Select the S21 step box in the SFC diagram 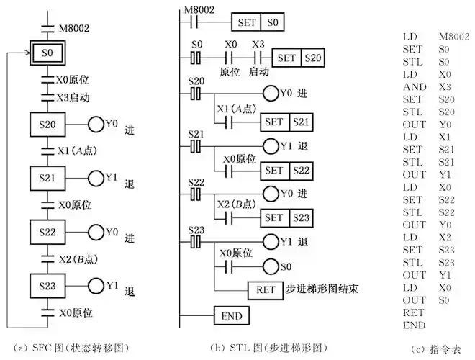click(47, 176)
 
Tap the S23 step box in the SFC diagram click(47, 284)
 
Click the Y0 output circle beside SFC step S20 click(96, 125)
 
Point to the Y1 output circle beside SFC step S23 click(96, 285)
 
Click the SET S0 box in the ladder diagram click(258, 22)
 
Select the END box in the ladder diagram click(230, 315)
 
